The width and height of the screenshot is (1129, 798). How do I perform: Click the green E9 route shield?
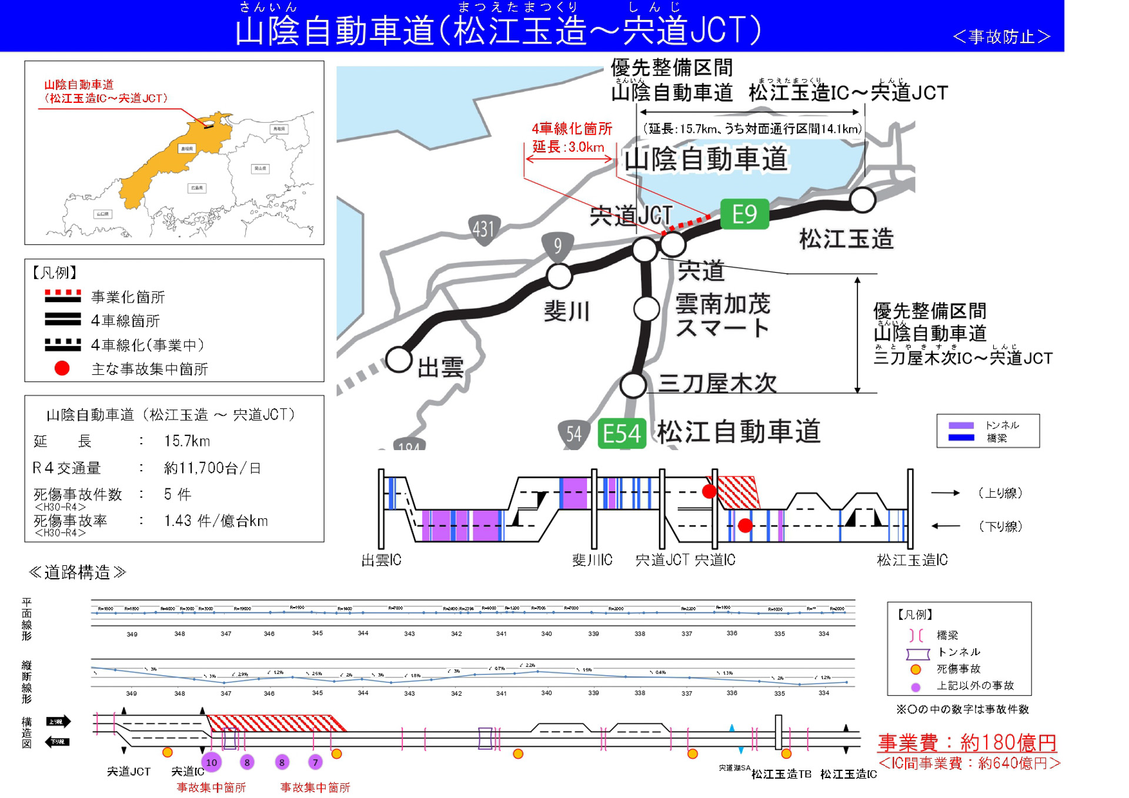point(744,214)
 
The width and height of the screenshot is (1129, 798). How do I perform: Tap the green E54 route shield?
point(622,434)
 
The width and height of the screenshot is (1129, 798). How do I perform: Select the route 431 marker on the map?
point(483,229)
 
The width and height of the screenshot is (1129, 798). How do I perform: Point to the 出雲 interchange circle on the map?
point(399,359)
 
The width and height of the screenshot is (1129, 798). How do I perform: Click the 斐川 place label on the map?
point(566,311)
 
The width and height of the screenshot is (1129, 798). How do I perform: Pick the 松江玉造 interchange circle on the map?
point(862,200)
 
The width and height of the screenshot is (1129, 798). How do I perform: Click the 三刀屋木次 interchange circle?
point(633,385)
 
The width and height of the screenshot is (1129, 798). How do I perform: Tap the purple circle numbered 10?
point(212,763)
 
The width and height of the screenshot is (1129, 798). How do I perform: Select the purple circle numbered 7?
point(315,763)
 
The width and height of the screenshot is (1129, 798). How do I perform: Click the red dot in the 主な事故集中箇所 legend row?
point(62,368)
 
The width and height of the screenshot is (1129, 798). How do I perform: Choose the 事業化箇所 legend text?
point(128,297)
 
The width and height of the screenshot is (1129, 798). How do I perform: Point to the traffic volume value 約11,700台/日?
point(212,468)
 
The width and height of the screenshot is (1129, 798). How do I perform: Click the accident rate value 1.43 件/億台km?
point(216,521)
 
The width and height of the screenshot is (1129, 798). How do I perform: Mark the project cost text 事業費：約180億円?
point(967,743)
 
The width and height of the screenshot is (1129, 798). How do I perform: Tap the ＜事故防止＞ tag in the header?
point(1001,37)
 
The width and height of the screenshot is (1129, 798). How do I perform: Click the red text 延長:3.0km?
point(568,147)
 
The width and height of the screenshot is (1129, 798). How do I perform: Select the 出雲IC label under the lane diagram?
point(381,560)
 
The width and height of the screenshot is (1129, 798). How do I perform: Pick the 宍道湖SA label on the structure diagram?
point(734,768)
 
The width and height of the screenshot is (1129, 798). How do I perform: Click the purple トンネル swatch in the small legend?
point(961,425)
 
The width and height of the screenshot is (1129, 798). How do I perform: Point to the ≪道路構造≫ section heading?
point(77,572)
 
